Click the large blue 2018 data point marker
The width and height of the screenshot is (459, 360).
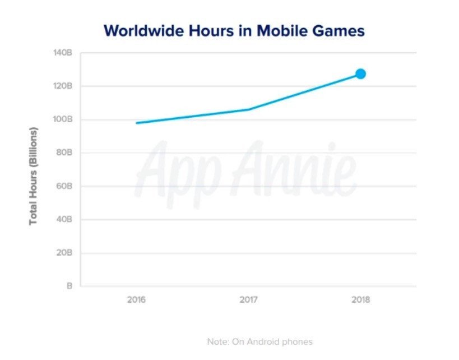click(360, 73)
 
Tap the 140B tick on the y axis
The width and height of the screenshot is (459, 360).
click(63, 53)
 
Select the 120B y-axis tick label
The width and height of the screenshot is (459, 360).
click(63, 86)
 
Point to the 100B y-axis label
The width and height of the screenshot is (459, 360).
click(63, 119)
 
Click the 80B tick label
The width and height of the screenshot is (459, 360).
click(64, 153)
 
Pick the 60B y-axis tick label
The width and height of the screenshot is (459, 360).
click(64, 186)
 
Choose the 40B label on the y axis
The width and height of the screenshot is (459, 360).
click(64, 219)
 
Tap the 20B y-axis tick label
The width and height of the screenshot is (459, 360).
click(64, 252)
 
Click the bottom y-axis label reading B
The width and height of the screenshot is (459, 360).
click(69, 286)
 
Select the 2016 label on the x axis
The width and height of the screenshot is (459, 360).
click(136, 299)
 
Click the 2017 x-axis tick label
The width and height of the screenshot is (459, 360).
click(248, 299)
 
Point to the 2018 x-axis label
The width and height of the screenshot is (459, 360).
click(360, 299)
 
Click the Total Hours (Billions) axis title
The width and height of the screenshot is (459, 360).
click(33, 176)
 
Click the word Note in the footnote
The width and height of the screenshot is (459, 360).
click(216, 341)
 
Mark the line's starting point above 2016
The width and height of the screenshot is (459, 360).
click(137, 123)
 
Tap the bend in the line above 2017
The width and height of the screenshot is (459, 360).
click(248, 109)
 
